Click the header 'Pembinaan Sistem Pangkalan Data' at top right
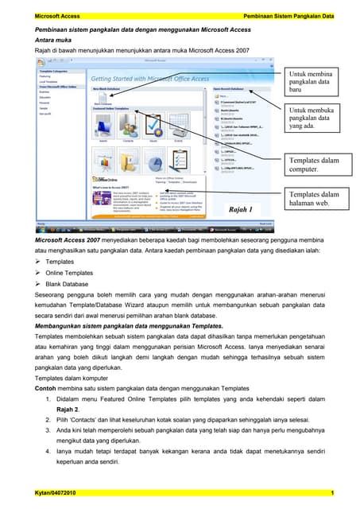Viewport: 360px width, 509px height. coord(286,17)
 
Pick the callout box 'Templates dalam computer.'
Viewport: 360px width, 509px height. coord(315,165)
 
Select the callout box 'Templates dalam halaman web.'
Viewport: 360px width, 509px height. coord(315,199)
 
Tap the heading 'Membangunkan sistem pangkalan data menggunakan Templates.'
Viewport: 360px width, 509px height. coord(128,326)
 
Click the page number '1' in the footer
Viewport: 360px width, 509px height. coord(331,495)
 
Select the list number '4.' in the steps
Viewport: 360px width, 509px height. coord(48,453)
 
